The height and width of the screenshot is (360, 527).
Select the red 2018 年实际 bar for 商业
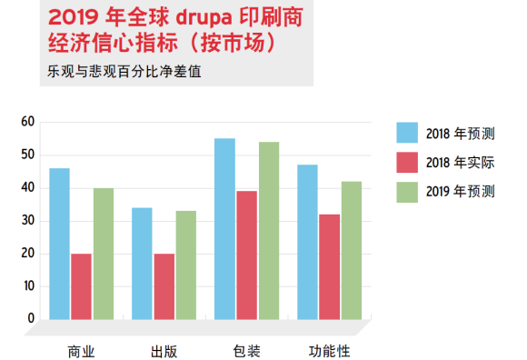click(x=81, y=286)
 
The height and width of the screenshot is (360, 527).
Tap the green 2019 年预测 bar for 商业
click(x=104, y=254)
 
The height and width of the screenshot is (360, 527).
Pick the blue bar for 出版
click(x=142, y=264)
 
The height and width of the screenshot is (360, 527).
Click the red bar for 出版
click(x=164, y=286)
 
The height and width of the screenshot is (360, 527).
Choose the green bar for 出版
click(x=186, y=265)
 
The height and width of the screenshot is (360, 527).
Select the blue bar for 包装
click(x=224, y=228)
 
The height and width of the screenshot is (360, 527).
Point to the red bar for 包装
click(x=246, y=255)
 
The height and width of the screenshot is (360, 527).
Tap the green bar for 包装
click(x=269, y=230)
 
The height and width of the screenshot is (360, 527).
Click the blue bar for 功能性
click(x=307, y=242)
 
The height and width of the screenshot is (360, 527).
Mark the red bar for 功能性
click(x=329, y=266)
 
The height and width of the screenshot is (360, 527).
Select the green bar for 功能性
click(x=352, y=250)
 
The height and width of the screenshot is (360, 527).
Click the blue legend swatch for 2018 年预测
click(x=407, y=133)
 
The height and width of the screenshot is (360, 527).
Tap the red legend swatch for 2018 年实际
click(x=407, y=162)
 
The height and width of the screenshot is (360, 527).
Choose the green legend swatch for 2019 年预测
click(x=407, y=191)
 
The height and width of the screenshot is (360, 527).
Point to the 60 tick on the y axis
click(x=27, y=122)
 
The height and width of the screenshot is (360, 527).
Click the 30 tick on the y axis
click(x=27, y=221)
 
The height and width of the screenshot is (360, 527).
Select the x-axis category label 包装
click(x=246, y=351)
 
